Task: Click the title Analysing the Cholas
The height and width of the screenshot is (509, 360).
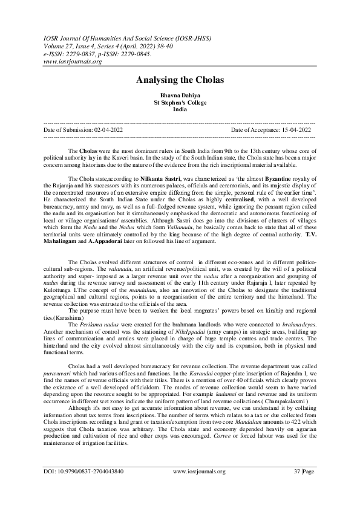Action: (x=180, y=80)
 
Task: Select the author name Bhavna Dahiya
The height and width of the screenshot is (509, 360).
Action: (x=180, y=97)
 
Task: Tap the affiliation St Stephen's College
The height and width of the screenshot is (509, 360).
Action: (x=180, y=103)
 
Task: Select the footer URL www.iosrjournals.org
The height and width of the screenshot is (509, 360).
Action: (x=199, y=488)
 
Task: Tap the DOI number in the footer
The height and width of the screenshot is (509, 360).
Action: (x=89, y=488)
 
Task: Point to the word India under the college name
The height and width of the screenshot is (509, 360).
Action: (x=180, y=109)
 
